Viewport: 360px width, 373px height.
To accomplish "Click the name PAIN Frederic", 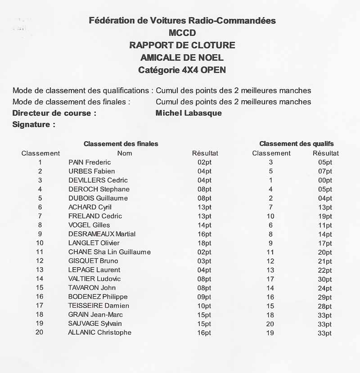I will click(x=90, y=162).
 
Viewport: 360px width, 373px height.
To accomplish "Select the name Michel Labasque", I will click(x=189, y=113).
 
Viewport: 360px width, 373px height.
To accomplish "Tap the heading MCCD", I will click(x=182, y=32).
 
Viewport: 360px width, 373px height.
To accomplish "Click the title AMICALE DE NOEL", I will click(x=182, y=58).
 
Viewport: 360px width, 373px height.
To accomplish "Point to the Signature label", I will click(x=34, y=125).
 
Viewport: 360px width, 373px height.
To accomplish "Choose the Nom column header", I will click(x=125, y=153).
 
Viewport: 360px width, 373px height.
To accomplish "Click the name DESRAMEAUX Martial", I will click(x=102, y=234).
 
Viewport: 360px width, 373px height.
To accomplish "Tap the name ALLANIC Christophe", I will click(x=99, y=333).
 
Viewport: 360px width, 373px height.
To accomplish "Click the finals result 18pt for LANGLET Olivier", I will click(x=204, y=243).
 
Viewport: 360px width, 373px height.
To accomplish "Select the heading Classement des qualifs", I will click(x=297, y=144).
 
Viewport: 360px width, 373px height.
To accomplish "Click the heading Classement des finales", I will click(x=121, y=144).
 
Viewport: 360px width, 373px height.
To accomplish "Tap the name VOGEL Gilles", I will click(x=89, y=225).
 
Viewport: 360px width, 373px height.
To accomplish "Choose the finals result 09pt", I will click(x=204, y=297).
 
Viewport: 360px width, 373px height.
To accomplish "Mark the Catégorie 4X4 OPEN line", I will click(x=182, y=70).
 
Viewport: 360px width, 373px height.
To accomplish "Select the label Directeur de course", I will click(x=54, y=113).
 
